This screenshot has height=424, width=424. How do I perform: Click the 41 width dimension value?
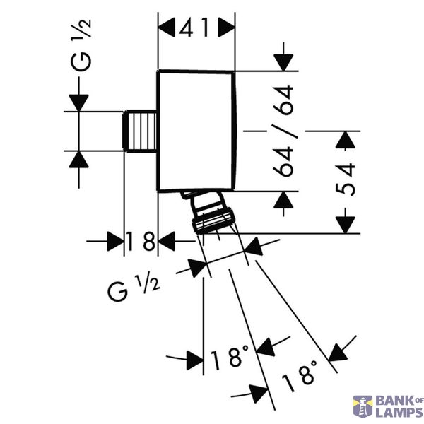[x=194, y=28]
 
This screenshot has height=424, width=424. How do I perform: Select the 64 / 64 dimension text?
[x=283, y=131]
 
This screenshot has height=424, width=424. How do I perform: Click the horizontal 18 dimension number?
[x=141, y=241]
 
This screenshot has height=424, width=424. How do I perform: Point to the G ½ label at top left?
[x=81, y=45]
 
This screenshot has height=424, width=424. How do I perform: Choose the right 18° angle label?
[x=299, y=376]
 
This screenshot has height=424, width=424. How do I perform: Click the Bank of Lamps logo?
[x=388, y=406]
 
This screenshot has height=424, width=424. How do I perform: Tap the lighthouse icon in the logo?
[x=363, y=406]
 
